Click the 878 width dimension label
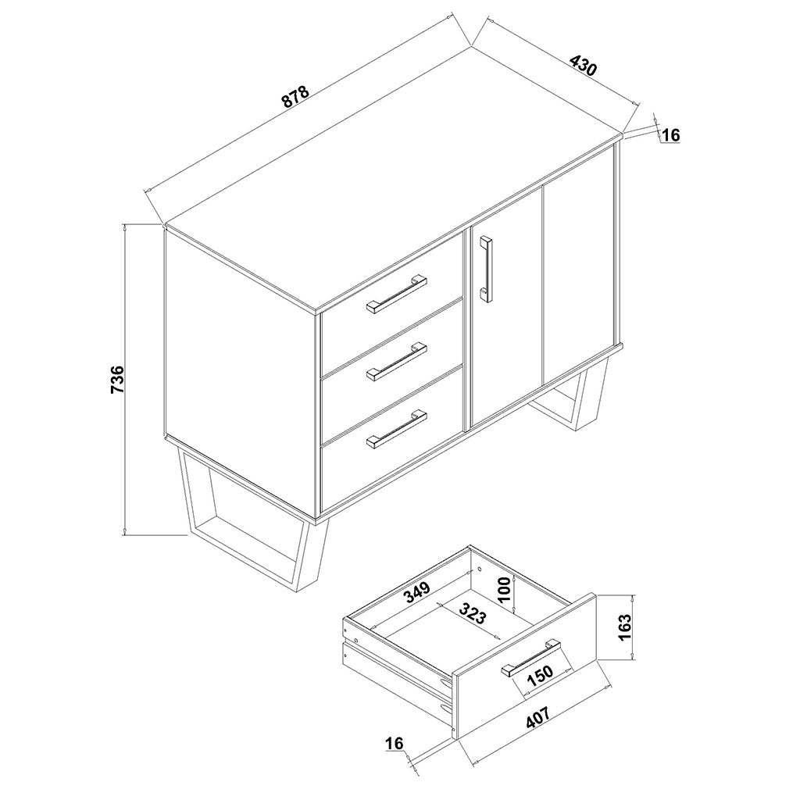point(296,96)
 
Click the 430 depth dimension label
point(583,66)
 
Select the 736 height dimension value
point(117,379)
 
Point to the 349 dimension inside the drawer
point(418,594)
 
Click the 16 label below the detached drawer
point(395,744)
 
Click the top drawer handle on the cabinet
point(396,294)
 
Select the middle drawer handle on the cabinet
point(396,361)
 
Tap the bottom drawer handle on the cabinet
point(396,429)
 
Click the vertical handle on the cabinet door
point(486,270)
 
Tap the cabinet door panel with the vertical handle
point(505,306)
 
